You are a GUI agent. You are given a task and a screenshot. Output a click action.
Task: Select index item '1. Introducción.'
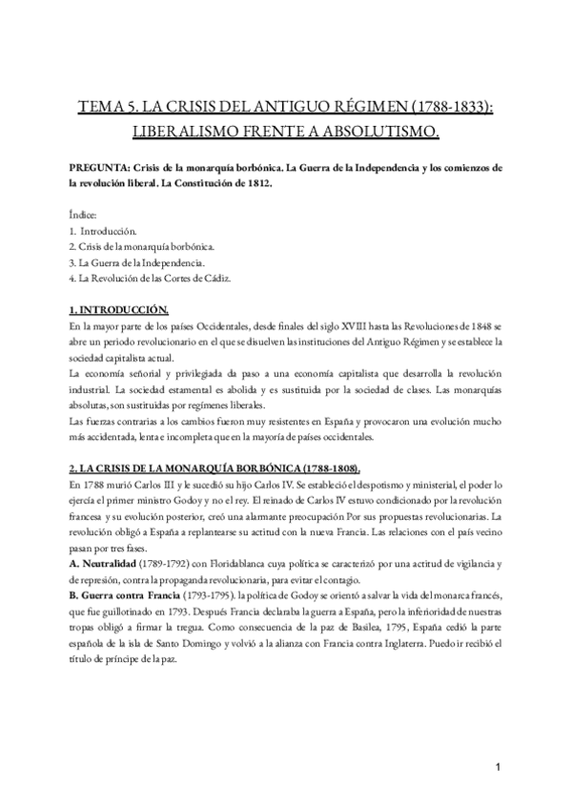tap(103, 232)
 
